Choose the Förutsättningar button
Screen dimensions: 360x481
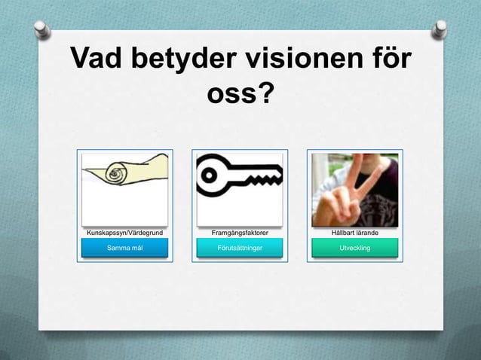pos(240,248)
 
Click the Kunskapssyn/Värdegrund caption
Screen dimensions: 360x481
pos(125,233)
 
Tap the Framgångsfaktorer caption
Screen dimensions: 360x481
pos(240,233)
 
